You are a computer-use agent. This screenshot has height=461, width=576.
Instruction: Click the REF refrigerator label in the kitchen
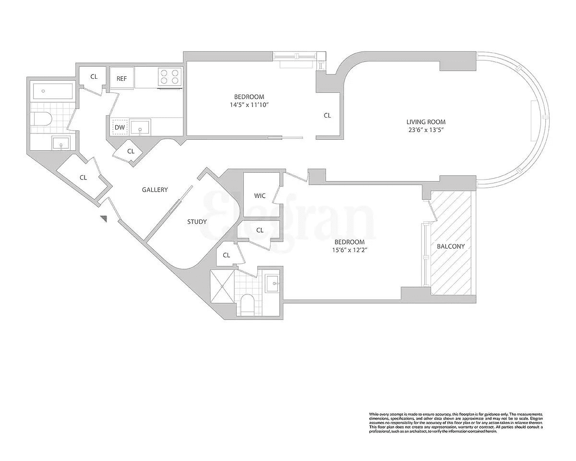pyautogui.click(x=122, y=78)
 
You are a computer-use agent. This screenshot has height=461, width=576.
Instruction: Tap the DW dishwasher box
pyautogui.click(x=120, y=127)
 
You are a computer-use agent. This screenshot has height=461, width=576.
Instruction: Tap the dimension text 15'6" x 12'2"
pyautogui.click(x=349, y=250)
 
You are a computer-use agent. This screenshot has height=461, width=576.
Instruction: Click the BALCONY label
pyautogui.click(x=451, y=246)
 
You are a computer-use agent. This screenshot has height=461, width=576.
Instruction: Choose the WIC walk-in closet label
pyautogui.click(x=260, y=196)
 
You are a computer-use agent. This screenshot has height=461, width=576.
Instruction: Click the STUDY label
pyautogui.click(x=197, y=222)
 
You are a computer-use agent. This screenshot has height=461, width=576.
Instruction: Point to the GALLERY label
pyautogui.click(x=155, y=190)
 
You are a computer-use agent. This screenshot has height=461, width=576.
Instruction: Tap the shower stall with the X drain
pyautogui.click(x=223, y=286)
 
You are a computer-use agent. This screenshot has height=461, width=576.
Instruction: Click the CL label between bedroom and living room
pyautogui.click(x=327, y=115)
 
